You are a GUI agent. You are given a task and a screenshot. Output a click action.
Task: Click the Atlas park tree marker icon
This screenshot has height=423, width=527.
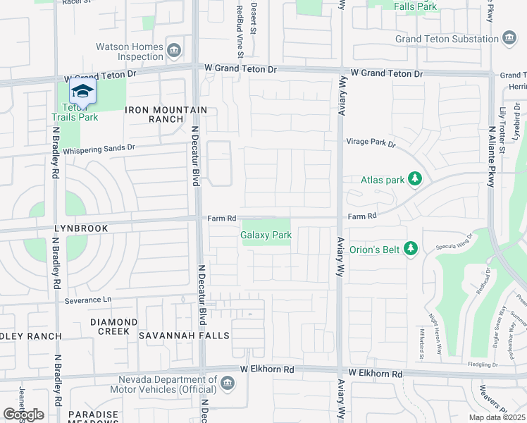click(x=415, y=179)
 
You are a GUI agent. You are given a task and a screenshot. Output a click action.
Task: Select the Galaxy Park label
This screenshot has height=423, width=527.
click(x=266, y=235)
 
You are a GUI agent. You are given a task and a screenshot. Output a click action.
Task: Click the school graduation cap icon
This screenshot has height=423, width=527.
click(x=82, y=91)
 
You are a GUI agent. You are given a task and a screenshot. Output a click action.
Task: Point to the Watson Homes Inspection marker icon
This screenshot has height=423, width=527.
click(x=174, y=51)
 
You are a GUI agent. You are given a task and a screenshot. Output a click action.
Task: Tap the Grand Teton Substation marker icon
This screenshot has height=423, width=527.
click(x=509, y=39)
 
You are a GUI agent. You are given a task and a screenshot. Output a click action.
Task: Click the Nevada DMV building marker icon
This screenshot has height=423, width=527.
click(x=227, y=383)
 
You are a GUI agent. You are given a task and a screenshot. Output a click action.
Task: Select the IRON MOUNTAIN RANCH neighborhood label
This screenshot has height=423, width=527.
click(x=166, y=114)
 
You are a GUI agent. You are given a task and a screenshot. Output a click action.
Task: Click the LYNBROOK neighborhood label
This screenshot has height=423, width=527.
click(x=82, y=229)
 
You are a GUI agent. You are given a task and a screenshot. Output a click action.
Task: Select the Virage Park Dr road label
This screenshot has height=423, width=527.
click(x=371, y=143)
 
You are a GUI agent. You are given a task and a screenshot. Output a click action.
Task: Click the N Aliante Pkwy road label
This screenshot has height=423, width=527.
click(x=491, y=156)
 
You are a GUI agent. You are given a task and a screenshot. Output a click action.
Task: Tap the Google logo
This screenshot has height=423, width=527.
click(x=23, y=415)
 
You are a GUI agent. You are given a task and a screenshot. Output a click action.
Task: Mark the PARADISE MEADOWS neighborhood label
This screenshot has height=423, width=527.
click(x=94, y=417)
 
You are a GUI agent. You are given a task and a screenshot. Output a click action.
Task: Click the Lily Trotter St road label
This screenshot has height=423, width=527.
click(x=503, y=130)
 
